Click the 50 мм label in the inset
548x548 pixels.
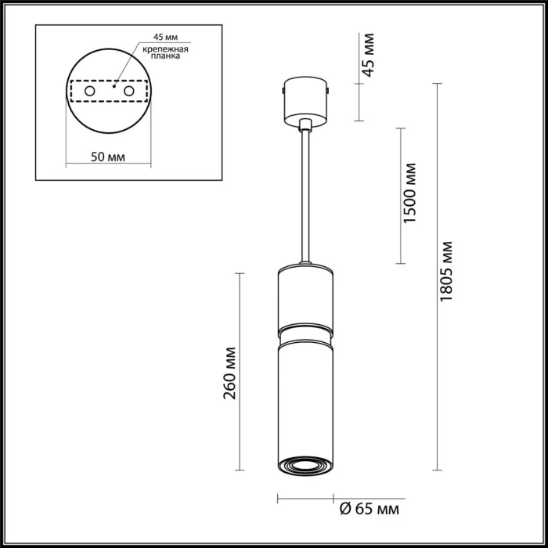pyautogui.click(x=108, y=157)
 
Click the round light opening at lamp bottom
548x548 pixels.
pyautogui.click(x=305, y=463)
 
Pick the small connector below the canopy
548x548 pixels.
pyautogui.click(x=305, y=124)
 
